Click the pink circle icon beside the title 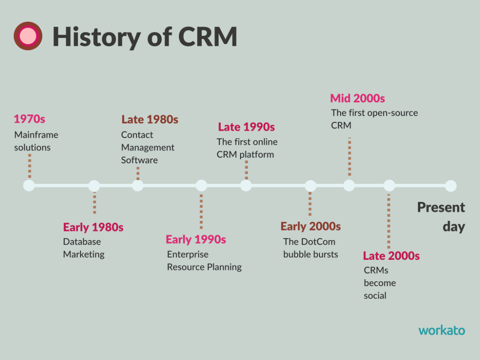click(x=28, y=36)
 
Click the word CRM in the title click(x=207, y=36)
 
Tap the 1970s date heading click(x=29, y=119)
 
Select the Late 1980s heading click(x=150, y=120)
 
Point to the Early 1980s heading click(x=93, y=227)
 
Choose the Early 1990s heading click(x=196, y=240)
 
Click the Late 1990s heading click(x=246, y=127)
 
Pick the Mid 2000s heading click(x=357, y=98)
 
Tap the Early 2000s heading click(x=311, y=227)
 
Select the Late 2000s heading click(x=391, y=256)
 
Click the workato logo click(x=442, y=330)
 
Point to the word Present click(x=441, y=207)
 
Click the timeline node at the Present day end click(x=451, y=186)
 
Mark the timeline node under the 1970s click(x=29, y=185)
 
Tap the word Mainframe click(x=36, y=135)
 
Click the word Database click(x=82, y=241)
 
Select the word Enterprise click(x=188, y=254)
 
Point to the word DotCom click(x=318, y=241)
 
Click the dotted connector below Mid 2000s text click(x=349, y=157)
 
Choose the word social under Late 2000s click(x=375, y=295)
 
